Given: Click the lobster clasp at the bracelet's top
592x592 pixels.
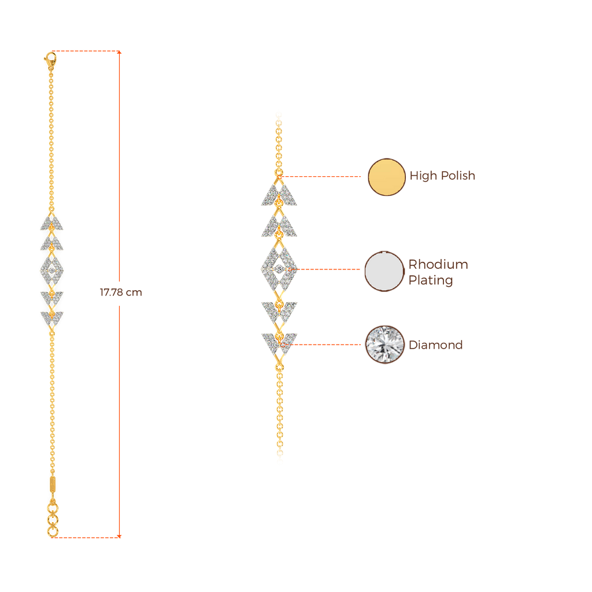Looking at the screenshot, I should (x=50, y=58).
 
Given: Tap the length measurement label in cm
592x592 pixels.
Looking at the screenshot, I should (x=121, y=293).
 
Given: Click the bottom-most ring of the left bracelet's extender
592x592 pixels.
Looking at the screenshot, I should (x=53, y=531).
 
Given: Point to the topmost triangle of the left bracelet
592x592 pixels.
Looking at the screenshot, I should (x=51, y=223).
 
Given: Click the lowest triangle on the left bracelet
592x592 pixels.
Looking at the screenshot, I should (x=51, y=317).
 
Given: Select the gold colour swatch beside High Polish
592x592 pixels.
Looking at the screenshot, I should (x=387, y=177).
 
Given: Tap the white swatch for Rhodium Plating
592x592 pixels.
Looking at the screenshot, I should (x=384, y=271).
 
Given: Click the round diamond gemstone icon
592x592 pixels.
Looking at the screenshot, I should (x=384, y=345).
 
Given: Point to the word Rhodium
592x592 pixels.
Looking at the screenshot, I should (x=438, y=265).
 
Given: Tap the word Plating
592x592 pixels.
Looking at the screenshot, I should (x=431, y=280).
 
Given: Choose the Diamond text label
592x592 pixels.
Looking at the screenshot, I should (x=436, y=345).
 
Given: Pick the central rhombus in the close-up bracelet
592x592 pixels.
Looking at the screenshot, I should (x=279, y=268).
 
